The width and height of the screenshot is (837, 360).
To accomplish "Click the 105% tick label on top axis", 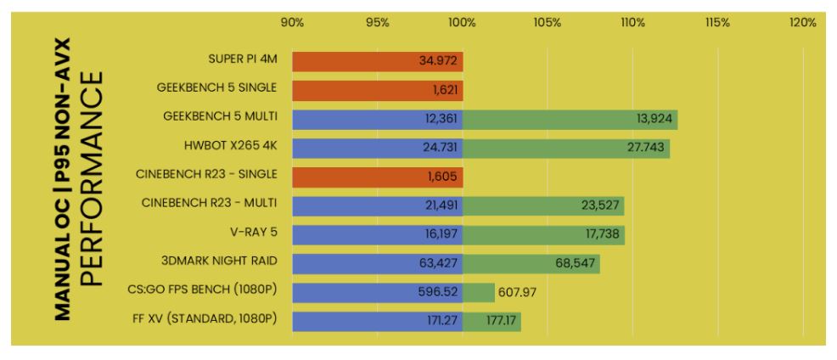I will coord(548,23).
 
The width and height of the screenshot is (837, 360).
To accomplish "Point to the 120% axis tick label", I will coord(802,23).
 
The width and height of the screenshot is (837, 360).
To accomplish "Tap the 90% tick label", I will coord(292,23).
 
